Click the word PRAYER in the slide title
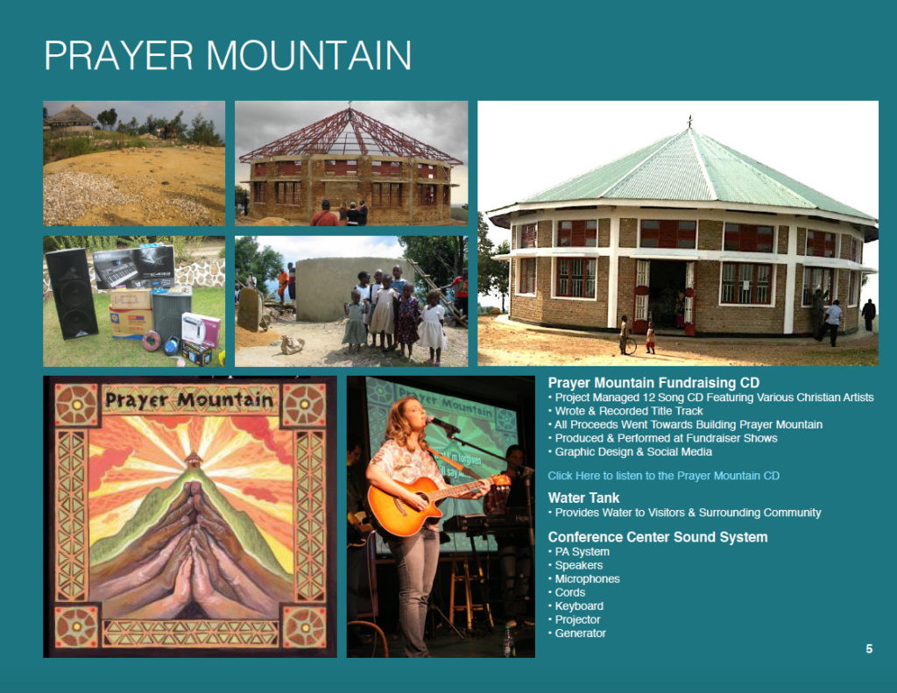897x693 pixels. pyautogui.click(x=119, y=55)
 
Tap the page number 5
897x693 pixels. pyautogui.click(x=869, y=649)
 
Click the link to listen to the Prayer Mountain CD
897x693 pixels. pyautogui.click(x=663, y=476)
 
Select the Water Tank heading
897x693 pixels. pyautogui.click(x=583, y=498)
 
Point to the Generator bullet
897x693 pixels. pyautogui.click(x=580, y=633)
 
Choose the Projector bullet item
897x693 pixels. pyautogui.click(x=576, y=619)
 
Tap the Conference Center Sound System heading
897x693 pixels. pyautogui.click(x=657, y=537)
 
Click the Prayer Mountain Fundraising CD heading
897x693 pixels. pyautogui.click(x=653, y=383)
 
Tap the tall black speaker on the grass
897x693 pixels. pyautogui.click(x=71, y=293)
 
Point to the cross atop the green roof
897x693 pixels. pyautogui.click(x=690, y=121)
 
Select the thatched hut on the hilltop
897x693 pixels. pyautogui.click(x=70, y=118)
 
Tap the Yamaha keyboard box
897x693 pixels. pyautogui.click(x=134, y=267)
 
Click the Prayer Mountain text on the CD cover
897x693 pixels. pyautogui.click(x=189, y=400)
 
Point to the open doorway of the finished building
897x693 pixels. pyautogui.click(x=667, y=294)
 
